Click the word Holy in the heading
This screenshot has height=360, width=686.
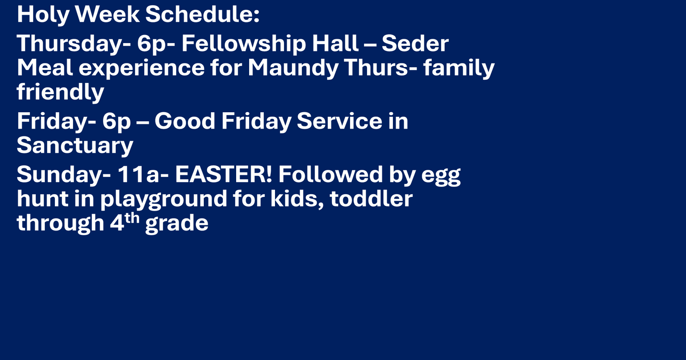click(43, 15)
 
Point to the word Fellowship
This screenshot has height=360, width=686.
click(243, 44)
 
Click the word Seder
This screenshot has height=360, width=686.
click(415, 44)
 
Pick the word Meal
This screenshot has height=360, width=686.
click(44, 68)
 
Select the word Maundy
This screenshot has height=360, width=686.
click(293, 68)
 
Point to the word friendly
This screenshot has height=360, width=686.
click(60, 92)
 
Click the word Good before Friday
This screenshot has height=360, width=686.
click(185, 121)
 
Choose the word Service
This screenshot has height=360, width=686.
click(339, 121)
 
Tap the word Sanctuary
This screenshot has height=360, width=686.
click(75, 145)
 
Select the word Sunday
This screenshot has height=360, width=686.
click(64, 174)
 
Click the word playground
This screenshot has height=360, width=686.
click(163, 199)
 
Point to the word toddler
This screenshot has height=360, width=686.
click(371, 199)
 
